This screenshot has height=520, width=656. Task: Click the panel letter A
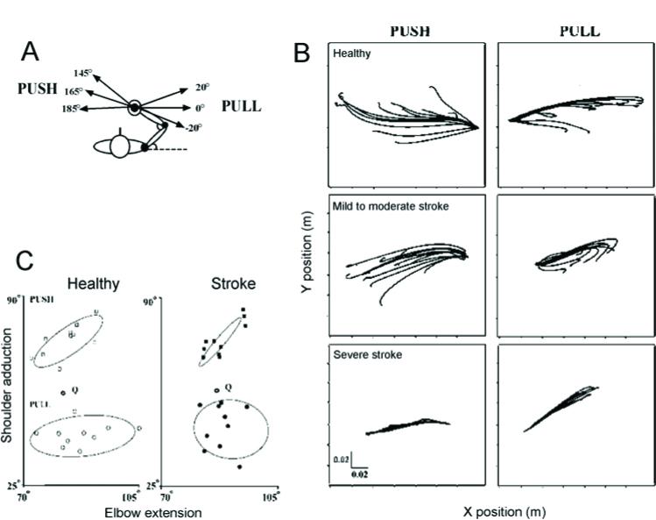[x=31, y=54]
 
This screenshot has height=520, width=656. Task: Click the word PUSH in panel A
[x=37, y=89]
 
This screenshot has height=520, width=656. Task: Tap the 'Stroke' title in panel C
[x=232, y=284]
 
